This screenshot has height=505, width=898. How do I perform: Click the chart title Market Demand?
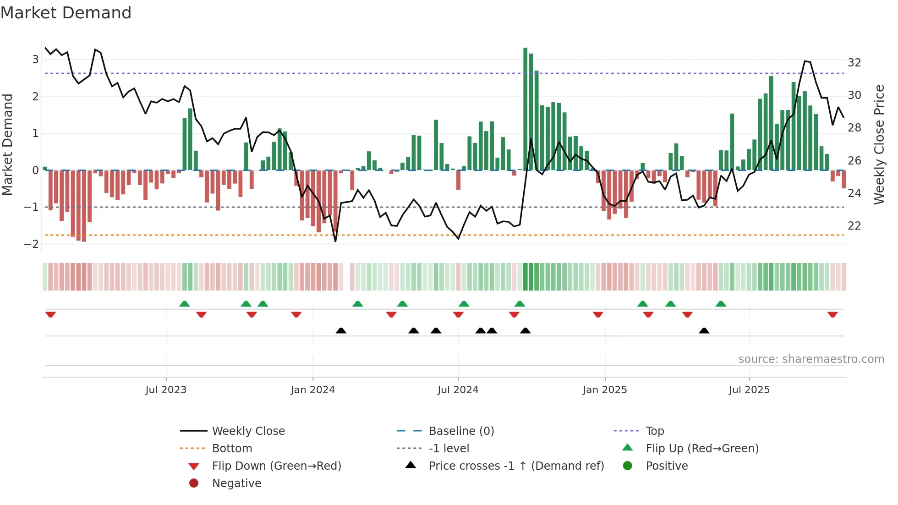[66, 13]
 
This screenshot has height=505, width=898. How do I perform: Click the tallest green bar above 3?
[526, 109]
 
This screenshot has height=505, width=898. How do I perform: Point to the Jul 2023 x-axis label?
[166, 390]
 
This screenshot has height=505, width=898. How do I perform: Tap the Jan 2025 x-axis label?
[605, 390]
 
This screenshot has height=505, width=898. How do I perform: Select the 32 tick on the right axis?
[854, 63]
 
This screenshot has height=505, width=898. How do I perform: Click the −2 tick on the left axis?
[31, 244]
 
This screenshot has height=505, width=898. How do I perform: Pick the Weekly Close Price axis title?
[879, 144]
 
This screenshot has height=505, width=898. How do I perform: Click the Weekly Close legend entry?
[248, 431]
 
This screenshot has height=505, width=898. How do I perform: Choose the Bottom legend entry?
[232, 449]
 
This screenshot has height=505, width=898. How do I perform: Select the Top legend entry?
[655, 431]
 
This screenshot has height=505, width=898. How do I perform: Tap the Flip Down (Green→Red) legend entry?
[276, 466]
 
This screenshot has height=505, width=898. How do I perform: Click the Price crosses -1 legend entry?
[516, 466]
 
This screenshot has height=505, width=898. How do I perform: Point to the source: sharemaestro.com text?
[811, 359]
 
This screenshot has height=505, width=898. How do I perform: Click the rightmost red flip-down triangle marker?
[832, 314]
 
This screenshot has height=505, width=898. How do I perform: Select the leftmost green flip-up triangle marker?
[185, 304]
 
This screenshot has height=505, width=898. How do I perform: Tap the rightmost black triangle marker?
[704, 330]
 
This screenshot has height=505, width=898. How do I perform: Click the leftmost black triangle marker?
[341, 330]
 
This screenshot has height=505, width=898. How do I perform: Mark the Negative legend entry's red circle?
[194, 483]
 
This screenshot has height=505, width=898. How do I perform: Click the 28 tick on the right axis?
[854, 128]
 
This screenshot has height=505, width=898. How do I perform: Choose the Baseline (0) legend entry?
[461, 431]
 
